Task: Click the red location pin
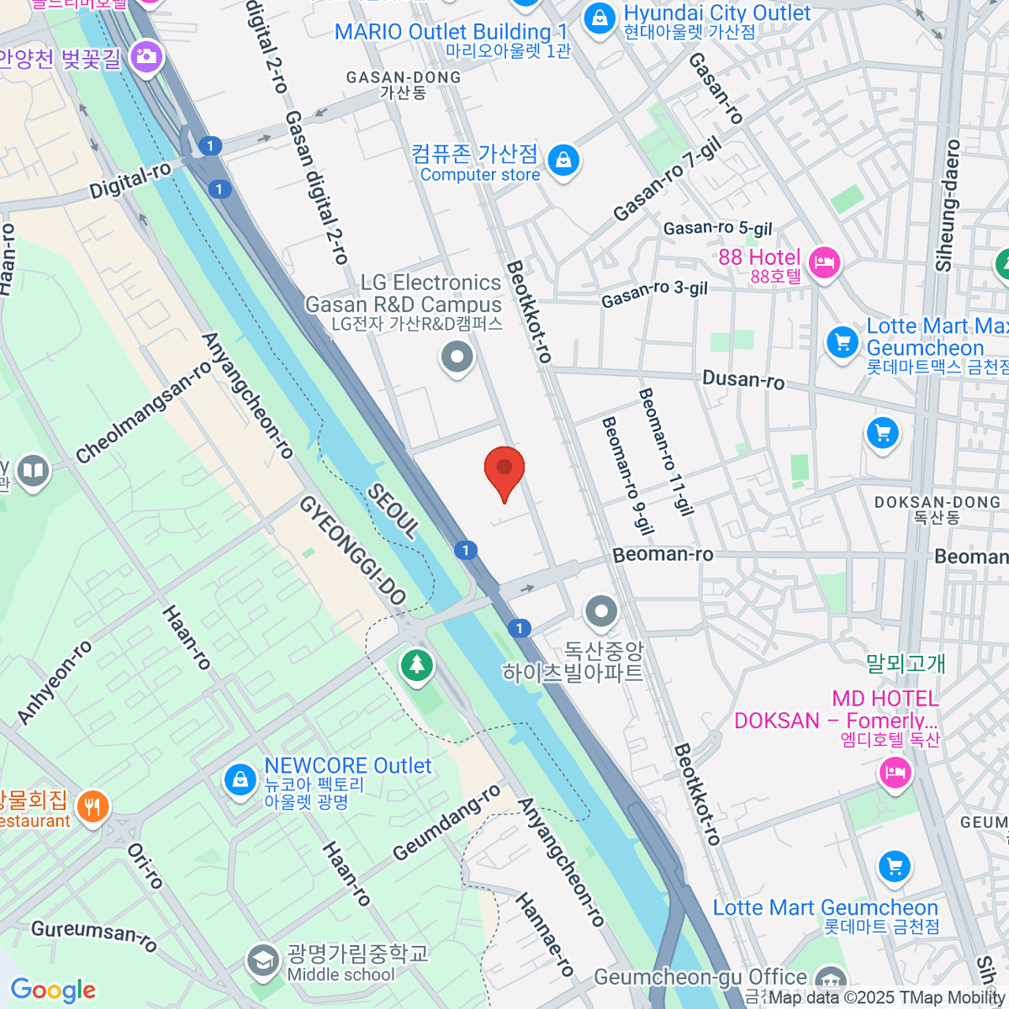(504, 469)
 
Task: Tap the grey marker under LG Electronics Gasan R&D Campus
(457, 358)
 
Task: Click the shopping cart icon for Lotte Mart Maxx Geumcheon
(842, 341)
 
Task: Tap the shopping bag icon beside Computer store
(563, 159)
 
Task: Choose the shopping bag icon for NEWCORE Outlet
(240, 779)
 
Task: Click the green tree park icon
(416, 665)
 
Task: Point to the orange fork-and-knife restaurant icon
(92, 806)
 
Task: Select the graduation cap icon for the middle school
(263, 959)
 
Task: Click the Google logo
(53, 990)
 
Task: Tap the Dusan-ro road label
(743, 380)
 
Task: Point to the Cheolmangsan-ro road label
(144, 413)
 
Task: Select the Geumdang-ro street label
(446, 823)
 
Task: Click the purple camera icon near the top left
(147, 56)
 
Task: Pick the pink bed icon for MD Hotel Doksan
(894, 771)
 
